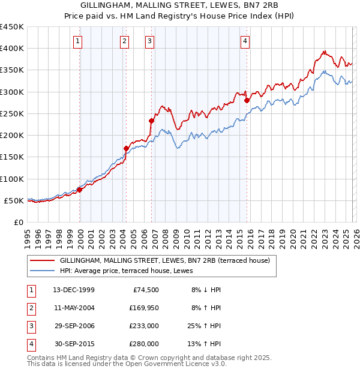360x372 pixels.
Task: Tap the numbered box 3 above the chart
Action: click(x=149, y=41)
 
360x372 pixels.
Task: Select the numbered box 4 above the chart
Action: click(x=245, y=41)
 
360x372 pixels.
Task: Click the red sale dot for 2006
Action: click(x=151, y=121)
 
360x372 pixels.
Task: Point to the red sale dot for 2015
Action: click(x=247, y=100)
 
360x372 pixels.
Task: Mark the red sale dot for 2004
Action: click(x=126, y=148)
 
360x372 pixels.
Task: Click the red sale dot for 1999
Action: click(x=79, y=190)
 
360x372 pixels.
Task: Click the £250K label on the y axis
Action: click(x=12, y=113)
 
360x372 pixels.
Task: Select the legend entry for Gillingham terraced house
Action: click(x=165, y=260)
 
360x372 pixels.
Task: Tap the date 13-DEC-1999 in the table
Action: click(x=74, y=290)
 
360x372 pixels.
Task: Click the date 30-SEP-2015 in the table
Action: click(x=74, y=344)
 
